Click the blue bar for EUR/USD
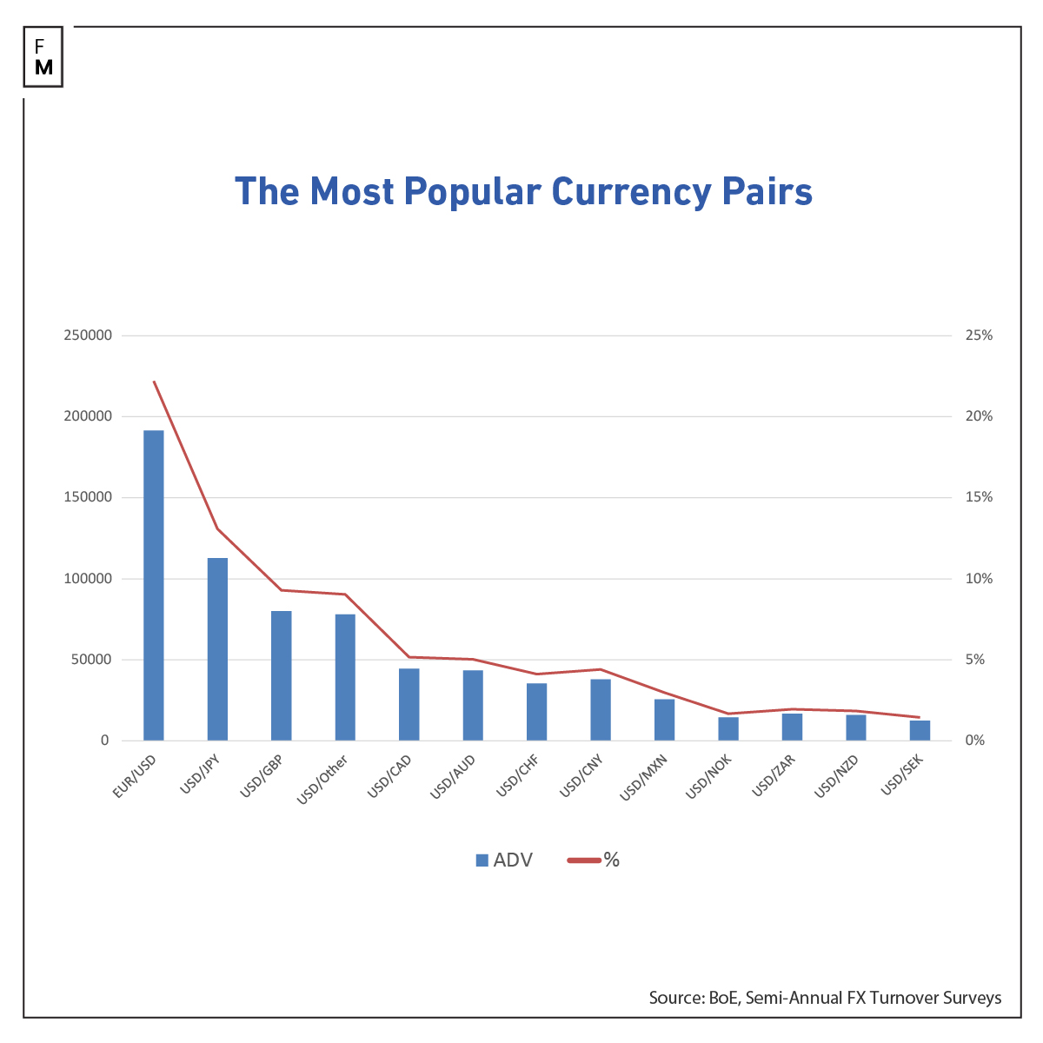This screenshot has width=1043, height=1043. coord(153,585)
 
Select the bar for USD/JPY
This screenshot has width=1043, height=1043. coord(217,649)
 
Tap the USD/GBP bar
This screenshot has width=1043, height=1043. coord(281,675)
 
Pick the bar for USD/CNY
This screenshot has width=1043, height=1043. coord(601,709)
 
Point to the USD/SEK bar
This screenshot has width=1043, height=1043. coord(920,730)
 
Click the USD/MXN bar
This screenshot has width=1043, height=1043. coord(664,720)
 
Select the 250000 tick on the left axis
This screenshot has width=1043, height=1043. coord(88,335)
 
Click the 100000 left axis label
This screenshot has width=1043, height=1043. coord(88,579)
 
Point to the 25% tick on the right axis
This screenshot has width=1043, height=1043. coord(978,335)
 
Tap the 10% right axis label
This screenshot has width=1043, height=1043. coord(978,579)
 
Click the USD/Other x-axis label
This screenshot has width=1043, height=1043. coord(323,779)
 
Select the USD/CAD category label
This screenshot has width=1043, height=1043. coord(390,775)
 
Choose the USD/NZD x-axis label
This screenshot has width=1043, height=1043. coord(837,775)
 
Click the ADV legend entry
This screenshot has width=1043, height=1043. coord(504,860)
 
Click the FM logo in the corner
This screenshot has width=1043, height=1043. coord(43,56)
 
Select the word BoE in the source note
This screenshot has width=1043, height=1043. coord(720,998)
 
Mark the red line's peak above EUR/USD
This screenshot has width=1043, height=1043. coord(154,381)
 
